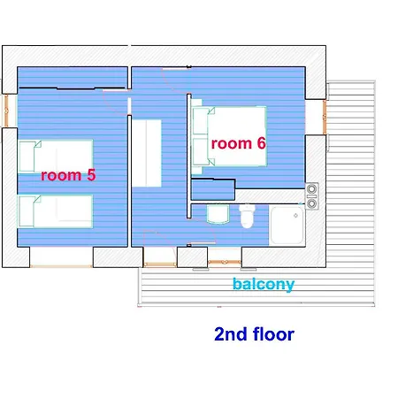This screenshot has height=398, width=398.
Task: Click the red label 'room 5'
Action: tap(68, 175)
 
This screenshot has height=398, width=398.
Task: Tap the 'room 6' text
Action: tap(239, 143)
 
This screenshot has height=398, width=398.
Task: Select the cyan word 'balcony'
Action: tap(264, 284)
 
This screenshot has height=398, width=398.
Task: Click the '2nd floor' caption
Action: tap(254, 334)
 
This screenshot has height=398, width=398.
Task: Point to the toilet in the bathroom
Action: tap(247, 217)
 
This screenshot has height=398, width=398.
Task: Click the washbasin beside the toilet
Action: tap(218, 214)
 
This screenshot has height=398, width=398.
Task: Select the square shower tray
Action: tap(287, 226)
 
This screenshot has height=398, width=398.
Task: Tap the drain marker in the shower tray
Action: tap(295, 216)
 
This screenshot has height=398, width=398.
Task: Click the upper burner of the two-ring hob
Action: tap(311, 188)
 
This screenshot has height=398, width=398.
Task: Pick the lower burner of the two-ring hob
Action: tap(311, 203)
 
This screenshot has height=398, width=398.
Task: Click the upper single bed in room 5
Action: tap(56, 157)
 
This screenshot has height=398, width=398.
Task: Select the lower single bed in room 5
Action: tap(56, 211)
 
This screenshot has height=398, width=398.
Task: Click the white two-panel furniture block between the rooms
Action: tap(147, 153)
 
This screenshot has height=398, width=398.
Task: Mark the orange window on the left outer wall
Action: tap(6, 111)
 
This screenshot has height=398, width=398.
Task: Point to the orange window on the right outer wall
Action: tap(325, 117)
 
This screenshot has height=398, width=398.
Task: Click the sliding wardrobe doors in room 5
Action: tap(72, 88)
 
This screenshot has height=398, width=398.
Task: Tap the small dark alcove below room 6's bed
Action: tap(213, 189)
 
